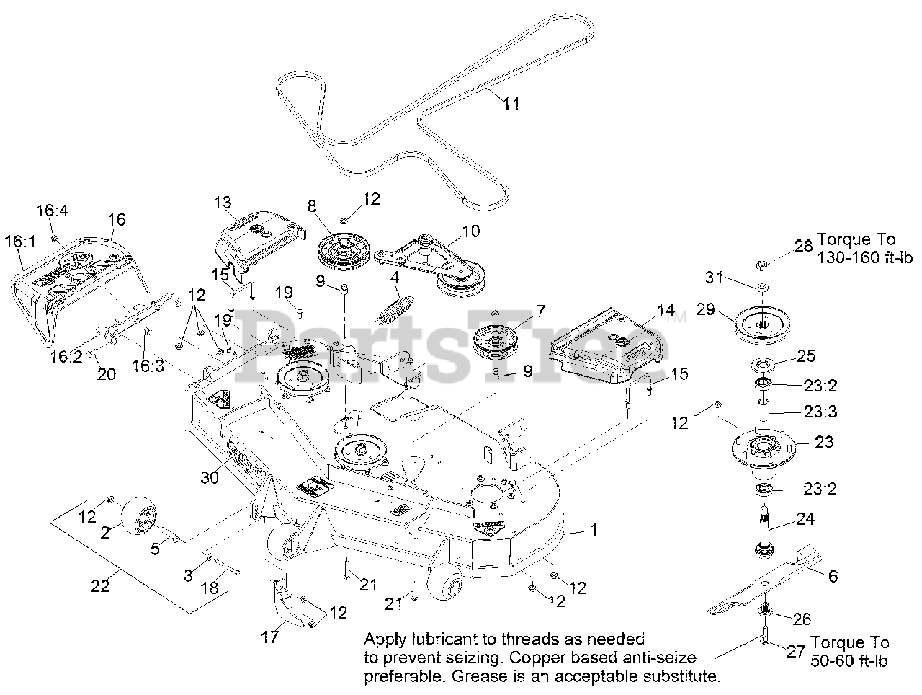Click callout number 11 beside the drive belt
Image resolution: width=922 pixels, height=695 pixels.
[x=511, y=103]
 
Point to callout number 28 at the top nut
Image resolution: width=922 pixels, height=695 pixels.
[x=802, y=247]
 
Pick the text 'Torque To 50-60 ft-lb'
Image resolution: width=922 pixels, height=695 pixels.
[x=850, y=651]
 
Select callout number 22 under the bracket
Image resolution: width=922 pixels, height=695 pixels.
[x=100, y=586]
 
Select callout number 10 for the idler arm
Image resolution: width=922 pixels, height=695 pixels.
[x=470, y=232]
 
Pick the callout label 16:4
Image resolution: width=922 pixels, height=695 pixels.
[x=50, y=211]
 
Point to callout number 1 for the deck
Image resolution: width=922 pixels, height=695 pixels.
[x=594, y=530]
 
